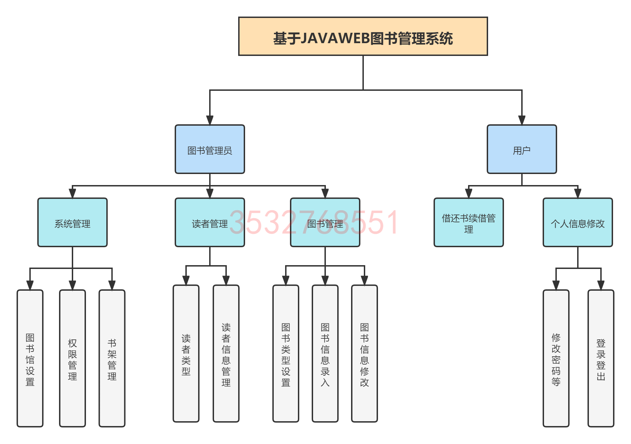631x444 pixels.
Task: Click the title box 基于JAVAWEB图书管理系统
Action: coord(363,36)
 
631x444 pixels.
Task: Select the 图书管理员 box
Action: coord(210,149)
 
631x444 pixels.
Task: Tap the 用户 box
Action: coord(522,149)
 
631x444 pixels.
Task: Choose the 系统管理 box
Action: coord(72,222)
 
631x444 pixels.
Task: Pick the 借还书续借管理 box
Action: coord(468,222)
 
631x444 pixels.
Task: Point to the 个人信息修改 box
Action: coord(577,222)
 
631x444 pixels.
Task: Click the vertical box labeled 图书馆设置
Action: coord(30,358)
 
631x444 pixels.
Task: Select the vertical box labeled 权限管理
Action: coord(72,358)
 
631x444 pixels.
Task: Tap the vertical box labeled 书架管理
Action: coord(112,358)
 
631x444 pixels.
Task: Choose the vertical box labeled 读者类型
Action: coord(186,354)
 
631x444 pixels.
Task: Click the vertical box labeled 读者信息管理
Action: coord(226,354)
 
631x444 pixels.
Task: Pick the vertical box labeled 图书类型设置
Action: coord(286,354)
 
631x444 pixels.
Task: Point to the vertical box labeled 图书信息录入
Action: coord(325,354)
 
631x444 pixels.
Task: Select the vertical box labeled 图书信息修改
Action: coord(365,354)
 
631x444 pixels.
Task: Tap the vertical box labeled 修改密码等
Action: coord(556,358)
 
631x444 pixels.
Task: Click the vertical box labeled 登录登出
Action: coord(601,358)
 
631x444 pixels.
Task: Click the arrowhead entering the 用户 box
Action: coord(522,120)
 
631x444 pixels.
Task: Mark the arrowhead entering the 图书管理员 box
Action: coord(210,120)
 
